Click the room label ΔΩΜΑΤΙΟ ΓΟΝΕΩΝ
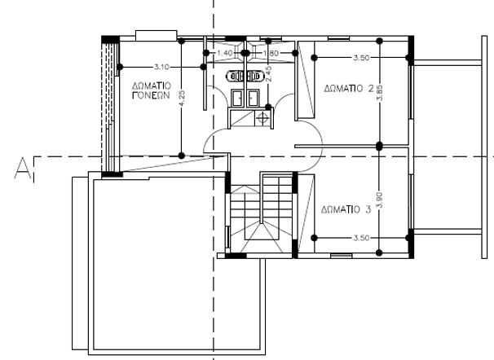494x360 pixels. (152, 90)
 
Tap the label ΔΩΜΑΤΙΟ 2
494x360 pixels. (349, 89)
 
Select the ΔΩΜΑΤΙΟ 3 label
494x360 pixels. (346, 209)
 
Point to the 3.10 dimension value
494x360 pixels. (161, 67)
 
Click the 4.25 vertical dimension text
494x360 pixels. (182, 99)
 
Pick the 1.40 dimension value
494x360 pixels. (225, 53)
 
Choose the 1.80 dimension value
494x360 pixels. (271, 53)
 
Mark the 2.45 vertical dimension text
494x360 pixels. (269, 73)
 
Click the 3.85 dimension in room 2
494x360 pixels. (380, 93)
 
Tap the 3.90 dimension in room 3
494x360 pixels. (380, 200)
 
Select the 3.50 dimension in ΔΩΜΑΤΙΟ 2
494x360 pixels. (361, 58)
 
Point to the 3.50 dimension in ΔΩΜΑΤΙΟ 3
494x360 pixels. (361, 238)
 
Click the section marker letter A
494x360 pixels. (23, 169)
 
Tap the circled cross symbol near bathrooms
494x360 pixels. (262, 118)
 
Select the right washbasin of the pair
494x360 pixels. (253, 98)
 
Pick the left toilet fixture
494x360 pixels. (235, 76)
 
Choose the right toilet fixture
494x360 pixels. (254, 76)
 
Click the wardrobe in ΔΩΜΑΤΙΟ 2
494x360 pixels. (306, 80)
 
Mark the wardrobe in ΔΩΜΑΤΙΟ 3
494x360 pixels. (306, 213)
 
